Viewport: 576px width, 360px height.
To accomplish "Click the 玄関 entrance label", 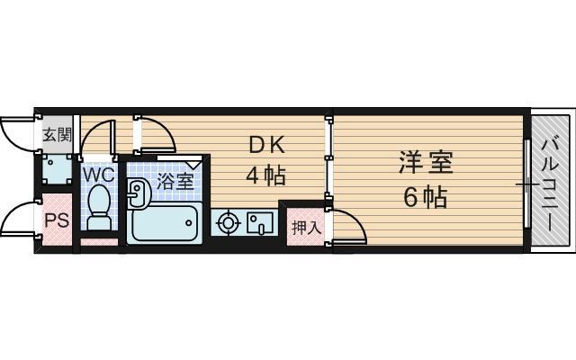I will [56, 136].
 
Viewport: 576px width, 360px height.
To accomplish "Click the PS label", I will [56, 219].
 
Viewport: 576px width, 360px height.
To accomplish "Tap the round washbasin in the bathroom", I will [138, 191].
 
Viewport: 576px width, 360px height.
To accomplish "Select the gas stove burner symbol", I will [228, 221].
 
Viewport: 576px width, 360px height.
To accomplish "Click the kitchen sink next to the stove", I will [260, 221].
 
